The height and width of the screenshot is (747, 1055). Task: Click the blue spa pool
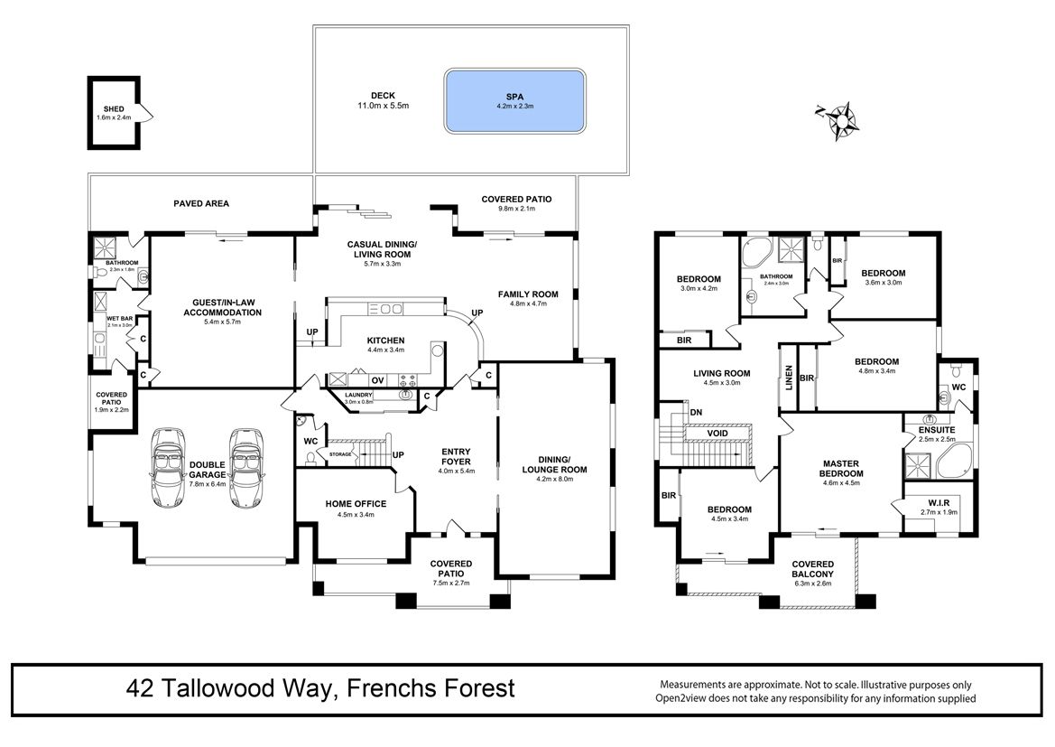click(514, 101)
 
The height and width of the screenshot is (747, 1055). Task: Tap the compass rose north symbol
click(840, 121)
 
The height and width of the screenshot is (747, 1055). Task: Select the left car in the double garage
click(168, 467)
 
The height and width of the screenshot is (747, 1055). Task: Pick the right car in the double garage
click(246, 467)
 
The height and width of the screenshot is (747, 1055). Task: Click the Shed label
click(114, 113)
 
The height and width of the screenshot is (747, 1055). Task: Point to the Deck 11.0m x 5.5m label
click(383, 100)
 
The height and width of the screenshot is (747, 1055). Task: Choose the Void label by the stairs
click(717, 433)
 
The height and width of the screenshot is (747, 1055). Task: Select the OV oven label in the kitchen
click(378, 380)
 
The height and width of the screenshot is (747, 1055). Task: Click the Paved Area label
click(201, 203)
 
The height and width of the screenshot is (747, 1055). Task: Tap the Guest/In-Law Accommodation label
click(223, 312)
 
